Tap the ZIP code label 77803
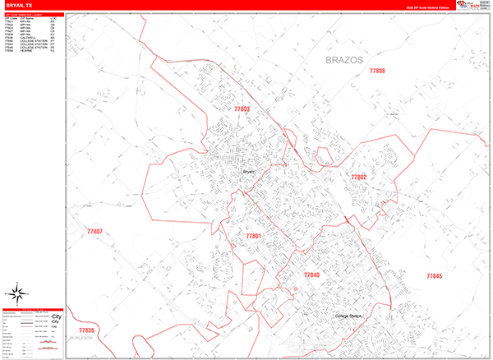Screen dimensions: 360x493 242,109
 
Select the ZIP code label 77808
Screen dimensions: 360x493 376,71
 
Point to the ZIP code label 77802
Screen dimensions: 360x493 358,177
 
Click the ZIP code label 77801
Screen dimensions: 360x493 253,236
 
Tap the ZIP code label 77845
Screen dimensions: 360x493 434,276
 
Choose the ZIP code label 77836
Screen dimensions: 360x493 86,330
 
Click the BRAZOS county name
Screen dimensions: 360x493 339,61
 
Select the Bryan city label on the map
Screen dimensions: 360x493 249,172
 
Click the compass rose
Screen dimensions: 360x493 16,293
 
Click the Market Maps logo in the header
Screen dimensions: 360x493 475,5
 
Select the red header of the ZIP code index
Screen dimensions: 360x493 33,14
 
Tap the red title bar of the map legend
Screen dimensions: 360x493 33,310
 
